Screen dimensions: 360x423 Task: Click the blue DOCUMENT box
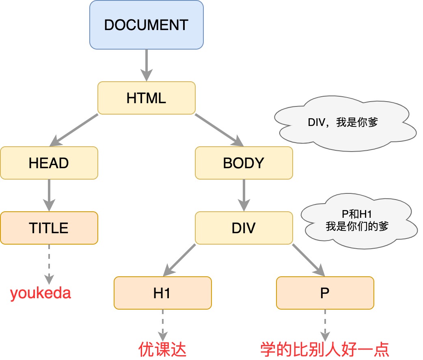click(146, 25)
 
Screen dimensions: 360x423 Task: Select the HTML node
click(146, 98)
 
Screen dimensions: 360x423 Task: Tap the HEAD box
click(49, 163)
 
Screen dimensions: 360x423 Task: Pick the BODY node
click(244, 163)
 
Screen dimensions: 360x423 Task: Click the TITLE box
click(49, 228)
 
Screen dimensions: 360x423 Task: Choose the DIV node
click(244, 228)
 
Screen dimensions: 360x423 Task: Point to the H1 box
click(162, 293)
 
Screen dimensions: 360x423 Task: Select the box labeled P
click(325, 293)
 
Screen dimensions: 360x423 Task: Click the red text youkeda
click(41, 293)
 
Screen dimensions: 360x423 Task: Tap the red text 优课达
click(162, 349)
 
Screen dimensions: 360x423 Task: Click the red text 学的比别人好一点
click(325, 349)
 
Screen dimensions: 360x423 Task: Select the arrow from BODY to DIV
click(244, 195)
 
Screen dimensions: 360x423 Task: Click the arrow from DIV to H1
click(179, 260)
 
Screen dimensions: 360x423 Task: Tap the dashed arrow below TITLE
click(49, 264)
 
